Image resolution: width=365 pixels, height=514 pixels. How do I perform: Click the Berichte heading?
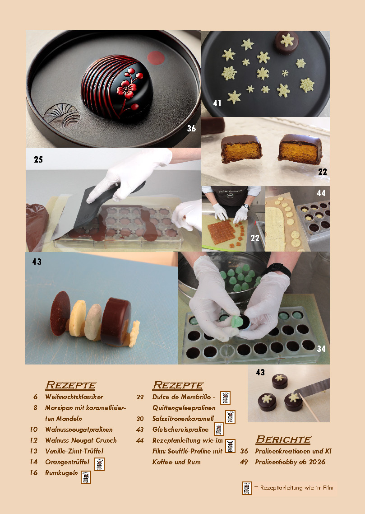pos(283,439)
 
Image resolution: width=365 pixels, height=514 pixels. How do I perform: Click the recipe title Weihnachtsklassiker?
pos(74,397)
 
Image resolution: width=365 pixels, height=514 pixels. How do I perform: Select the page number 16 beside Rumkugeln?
pos(34,473)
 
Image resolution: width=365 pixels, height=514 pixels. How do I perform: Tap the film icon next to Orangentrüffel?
pos(100,464)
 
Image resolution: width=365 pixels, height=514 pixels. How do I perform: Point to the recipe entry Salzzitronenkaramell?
pos(183,419)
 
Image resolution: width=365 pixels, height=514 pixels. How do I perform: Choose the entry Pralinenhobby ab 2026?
pos(290,462)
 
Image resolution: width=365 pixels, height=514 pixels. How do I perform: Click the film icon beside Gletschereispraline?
pos(219,429)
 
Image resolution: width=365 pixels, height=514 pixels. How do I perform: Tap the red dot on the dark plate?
pos(156,58)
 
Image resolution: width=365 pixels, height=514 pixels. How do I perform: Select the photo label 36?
pos(191,128)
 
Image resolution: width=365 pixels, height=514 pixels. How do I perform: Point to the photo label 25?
pos(38,159)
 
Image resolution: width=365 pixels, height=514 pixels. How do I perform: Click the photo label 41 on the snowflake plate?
pos(217,103)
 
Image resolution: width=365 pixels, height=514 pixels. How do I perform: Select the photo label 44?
pos(321,193)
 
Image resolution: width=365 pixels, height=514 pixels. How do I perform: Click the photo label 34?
pos(321,349)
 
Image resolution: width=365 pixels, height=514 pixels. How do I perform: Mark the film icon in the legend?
pos(247,488)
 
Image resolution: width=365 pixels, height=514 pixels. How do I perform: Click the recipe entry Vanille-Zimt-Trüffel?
pos(74,451)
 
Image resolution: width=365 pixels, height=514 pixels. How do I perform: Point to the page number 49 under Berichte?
pos(244,462)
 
